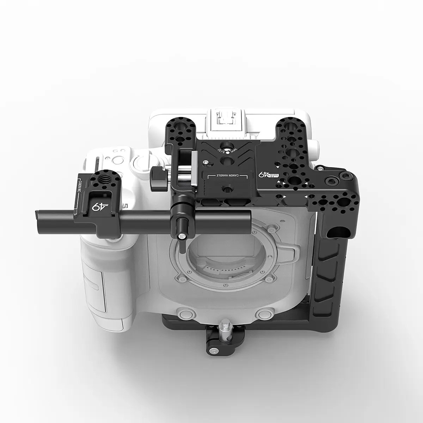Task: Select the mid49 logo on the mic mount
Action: (x=95, y=207)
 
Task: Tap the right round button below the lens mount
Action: (x=263, y=313)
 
